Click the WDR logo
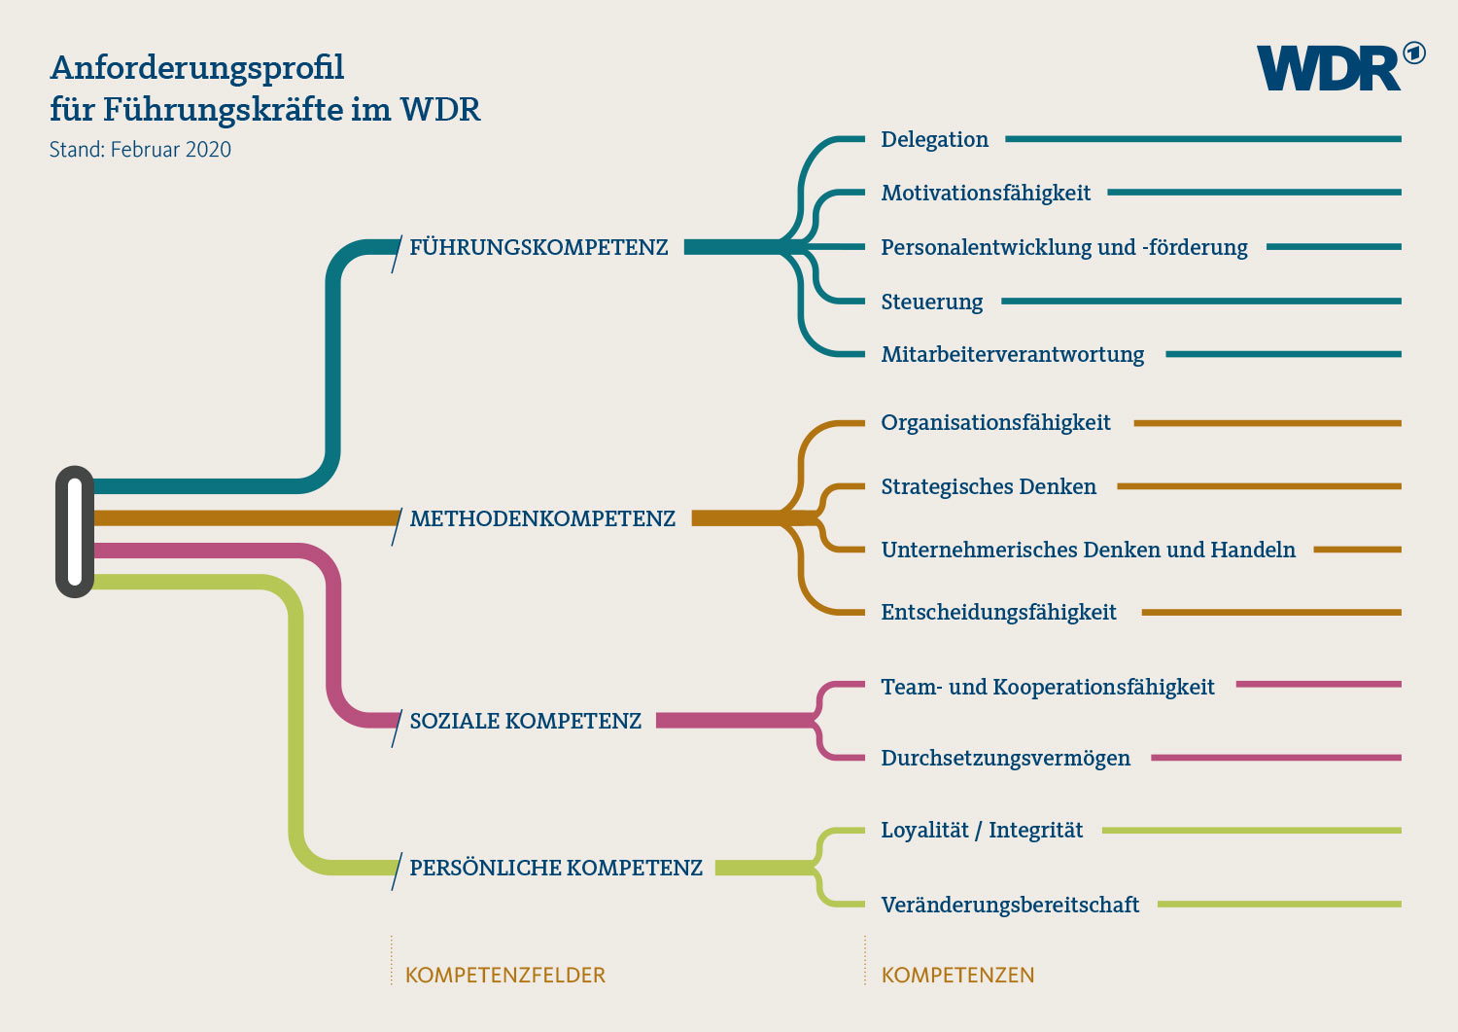point(1338,68)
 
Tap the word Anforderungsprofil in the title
point(197,68)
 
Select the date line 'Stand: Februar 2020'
point(140,150)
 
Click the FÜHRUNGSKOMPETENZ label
point(538,248)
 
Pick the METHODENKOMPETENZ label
point(542,519)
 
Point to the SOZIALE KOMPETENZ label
point(525,722)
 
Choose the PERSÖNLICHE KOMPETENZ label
point(555,869)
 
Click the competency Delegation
point(934,140)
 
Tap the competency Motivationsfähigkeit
point(986,194)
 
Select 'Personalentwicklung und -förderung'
point(1064,248)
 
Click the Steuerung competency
point(931,302)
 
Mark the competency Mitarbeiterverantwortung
point(1012,355)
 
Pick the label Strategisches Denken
point(989,487)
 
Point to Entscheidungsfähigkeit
point(998,613)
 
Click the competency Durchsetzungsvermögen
point(1005,759)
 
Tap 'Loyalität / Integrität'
point(982,831)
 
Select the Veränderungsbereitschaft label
point(1010,906)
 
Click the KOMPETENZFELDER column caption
point(504,976)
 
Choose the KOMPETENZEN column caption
point(957,976)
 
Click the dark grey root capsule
point(75,532)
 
